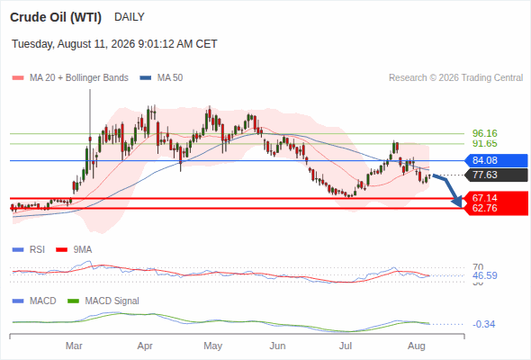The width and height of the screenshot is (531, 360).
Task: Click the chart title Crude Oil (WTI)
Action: pyautogui.click(x=56, y=17)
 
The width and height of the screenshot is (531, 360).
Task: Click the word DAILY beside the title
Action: pyautogui.click(x=130, y=17)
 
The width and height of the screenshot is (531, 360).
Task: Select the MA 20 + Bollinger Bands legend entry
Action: pyautogui.click(x=70, y=78)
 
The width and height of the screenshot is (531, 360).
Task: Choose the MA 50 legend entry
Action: pyautogui.click(x=161, y=78)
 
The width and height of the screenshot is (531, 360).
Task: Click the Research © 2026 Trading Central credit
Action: pyautogui.click(x=455, y=78)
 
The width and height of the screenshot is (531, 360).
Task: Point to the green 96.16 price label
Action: pyautogui.click(x=484, y=133)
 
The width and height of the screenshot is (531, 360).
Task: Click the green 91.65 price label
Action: pyautogui.click(x=484, y=144)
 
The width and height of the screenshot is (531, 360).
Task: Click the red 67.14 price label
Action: pyautogui.click(x=484, y=198)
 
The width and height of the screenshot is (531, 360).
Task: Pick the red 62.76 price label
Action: pyautogui.click(x=484, y=208)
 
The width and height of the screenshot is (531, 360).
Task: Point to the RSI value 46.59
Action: pyautogui.click(x=485, y=275)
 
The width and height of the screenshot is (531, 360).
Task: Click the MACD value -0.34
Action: pyautogui.click(x=483, y=324)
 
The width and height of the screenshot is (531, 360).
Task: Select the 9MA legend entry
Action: pyautogui.click(x=74, y=250)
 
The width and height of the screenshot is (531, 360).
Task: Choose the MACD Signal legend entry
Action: pyautogui.click(x=103, y=301)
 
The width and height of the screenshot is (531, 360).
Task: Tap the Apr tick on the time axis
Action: pyautogui.click(x=145, y=346)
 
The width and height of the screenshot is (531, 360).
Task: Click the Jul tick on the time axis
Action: pyautogui.click(x=346, y=346)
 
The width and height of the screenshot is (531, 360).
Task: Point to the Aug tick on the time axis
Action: pyautogui.click(x=416, y=346)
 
